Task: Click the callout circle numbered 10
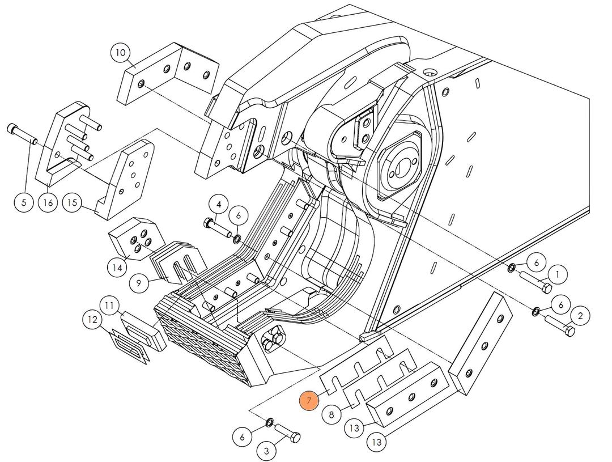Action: (x=121, y=54)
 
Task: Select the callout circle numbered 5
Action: (x=24, y=202)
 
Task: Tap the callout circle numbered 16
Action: (x=49, y=202)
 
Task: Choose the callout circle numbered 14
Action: (x=117, y=267)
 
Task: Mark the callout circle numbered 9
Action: (x=139, y=282)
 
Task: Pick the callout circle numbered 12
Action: (x=92, y=320)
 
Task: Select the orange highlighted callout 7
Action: (x=309, y=401)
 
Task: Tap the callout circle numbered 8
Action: (x=332, y=414)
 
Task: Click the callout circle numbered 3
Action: (x=267, y=451)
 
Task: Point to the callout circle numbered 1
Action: (x=558, y=275)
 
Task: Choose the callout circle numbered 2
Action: (x=580, y=316)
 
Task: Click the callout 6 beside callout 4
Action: (x=239, y=215)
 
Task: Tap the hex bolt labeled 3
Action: (x=288, y=434)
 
